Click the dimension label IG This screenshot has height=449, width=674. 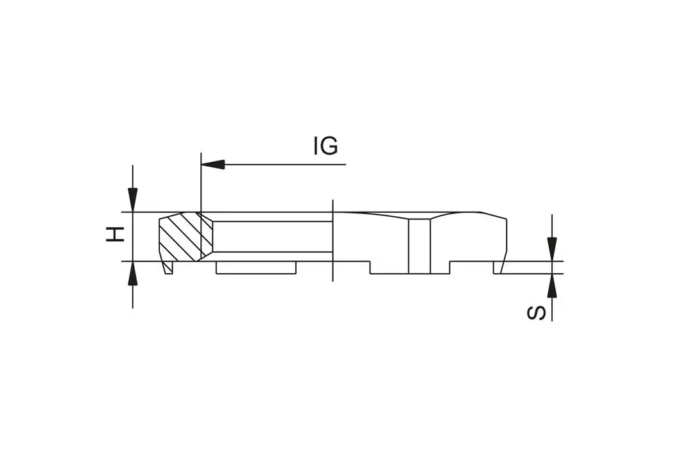[325, 146]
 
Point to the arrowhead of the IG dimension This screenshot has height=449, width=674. [212, 164]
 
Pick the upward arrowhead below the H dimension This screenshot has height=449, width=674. [133, 274]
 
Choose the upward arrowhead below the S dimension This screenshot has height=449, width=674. [551, 286]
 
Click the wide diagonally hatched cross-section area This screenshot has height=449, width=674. [180, 236]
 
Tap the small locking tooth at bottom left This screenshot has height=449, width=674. [168, 267]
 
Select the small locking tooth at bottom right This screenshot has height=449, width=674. [497, 267]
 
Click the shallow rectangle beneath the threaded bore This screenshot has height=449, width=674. [255, 267]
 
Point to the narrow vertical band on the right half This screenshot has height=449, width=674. [419, 246]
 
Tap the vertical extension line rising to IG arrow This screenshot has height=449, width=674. [201, 186]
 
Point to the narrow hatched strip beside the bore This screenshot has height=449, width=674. [206, 236]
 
